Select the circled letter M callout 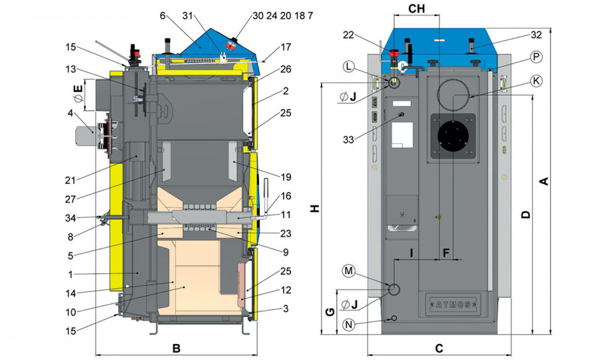348,271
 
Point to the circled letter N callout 348,324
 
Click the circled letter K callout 536,80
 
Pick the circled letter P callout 536,56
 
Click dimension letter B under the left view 176,348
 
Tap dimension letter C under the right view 439,348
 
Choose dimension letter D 525,214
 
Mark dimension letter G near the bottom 328,312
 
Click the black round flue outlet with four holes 454,140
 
